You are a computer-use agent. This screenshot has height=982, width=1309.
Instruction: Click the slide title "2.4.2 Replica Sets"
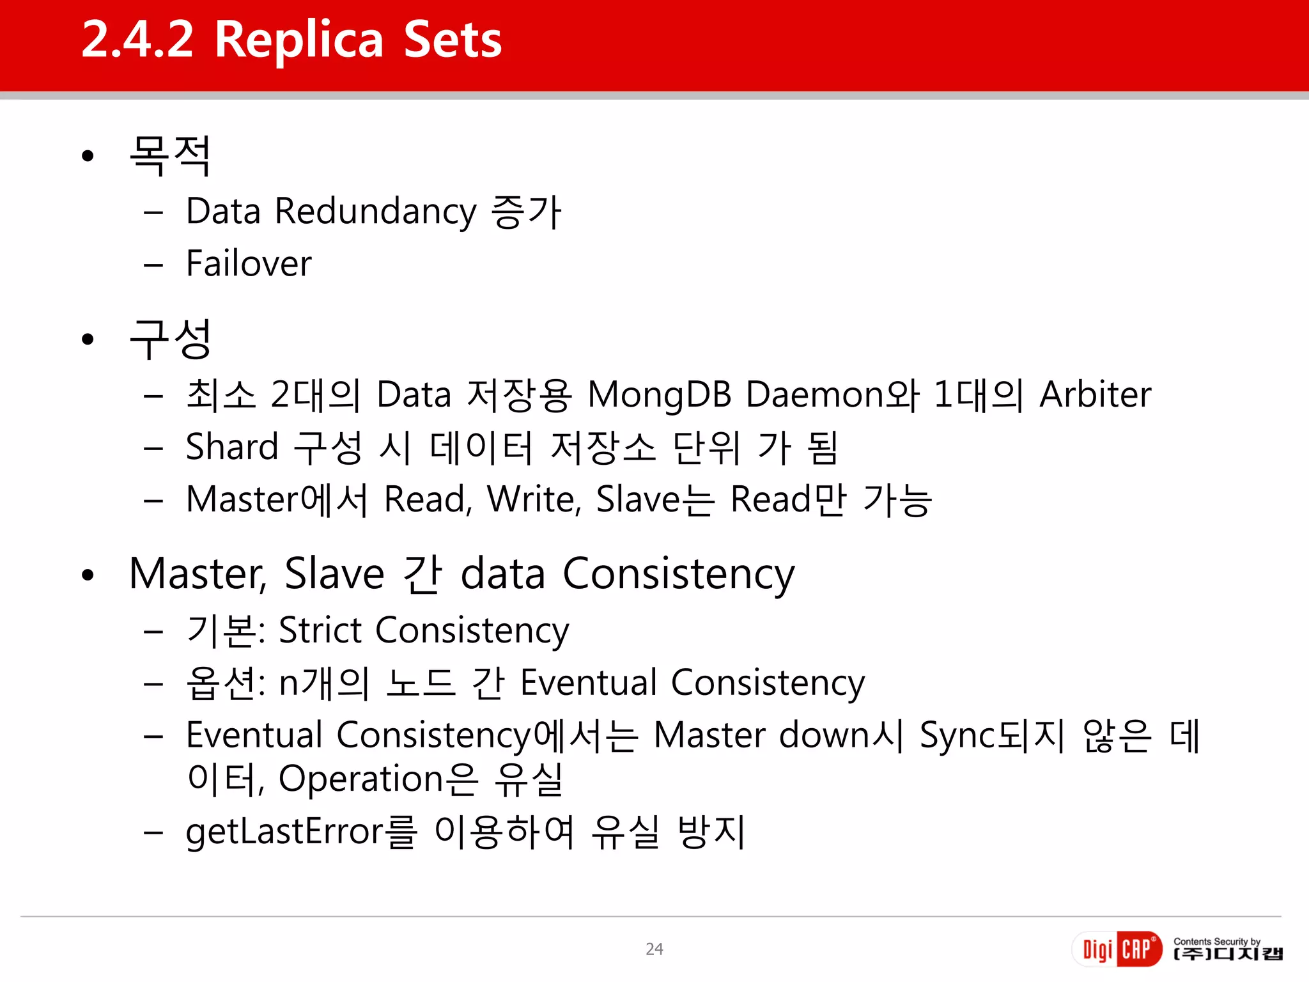coord(291,40)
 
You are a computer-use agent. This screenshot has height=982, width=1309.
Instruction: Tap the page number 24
coord(654,949)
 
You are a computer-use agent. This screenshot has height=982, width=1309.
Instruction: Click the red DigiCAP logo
coord(1117,949)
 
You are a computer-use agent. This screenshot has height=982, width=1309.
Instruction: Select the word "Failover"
coord(249,263)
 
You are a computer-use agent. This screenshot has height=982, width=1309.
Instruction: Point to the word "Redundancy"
coord(375,212)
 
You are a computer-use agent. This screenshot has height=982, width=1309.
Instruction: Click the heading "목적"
coord(170,155)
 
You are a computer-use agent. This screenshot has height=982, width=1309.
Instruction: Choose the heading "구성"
coord(170,339)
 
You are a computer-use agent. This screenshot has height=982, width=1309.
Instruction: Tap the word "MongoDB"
coord(659,394)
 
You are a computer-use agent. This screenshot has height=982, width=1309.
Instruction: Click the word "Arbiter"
coord(1095,394)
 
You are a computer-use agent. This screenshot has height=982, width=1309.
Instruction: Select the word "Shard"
coord(232,447)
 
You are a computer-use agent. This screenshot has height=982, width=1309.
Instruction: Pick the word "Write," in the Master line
coord(534,499)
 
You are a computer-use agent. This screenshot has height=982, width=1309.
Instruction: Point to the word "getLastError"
coord(284,832)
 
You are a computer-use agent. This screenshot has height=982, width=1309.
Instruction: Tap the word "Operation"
coord(361,779)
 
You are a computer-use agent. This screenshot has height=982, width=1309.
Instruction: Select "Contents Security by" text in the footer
coord(1216,941)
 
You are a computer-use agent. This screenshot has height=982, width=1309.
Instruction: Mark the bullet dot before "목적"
coord(88,156)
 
